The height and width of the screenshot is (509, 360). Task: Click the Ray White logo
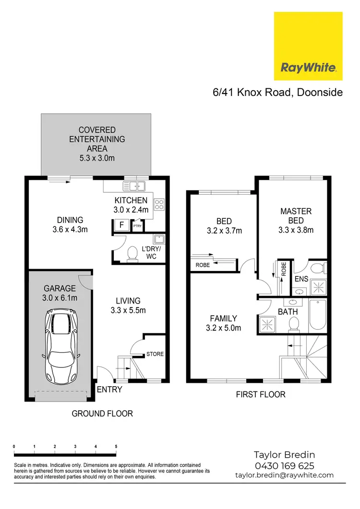click(x=308, y=47)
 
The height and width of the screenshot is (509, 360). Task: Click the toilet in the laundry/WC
click(x=132, y=254)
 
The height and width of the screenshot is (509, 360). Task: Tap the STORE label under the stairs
click(x=155, y=354)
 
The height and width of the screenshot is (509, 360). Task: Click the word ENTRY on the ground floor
click(x=109, y=390)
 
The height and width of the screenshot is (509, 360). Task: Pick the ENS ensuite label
click(x=301, y=278)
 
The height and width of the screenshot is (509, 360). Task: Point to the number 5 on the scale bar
click(x=116, y=446)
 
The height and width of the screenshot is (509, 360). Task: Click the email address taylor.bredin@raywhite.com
click(x=284, y=475)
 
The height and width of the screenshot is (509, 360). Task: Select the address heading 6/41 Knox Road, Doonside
click(x=278, y=93)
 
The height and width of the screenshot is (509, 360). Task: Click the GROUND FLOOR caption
click(x=102, y=413)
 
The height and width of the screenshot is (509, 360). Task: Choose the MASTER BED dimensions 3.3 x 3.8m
click(x=296, y=230)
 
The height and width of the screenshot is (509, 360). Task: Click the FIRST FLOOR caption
click(x=261, y=394)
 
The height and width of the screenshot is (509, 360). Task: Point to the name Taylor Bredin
click(x=284, y=455)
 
